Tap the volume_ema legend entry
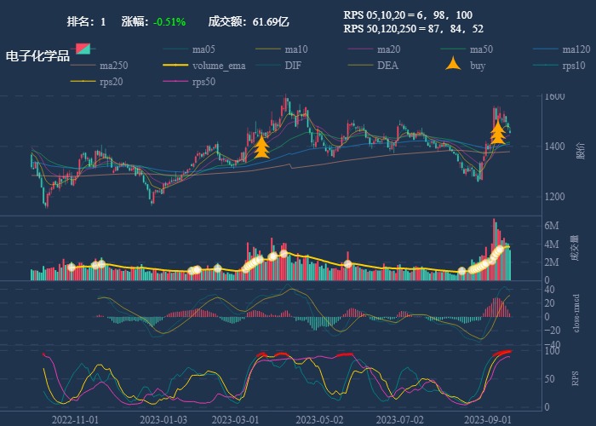click(x=219, y=66)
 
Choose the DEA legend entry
click(x=387, y=66)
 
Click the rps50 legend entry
click(x=203, y=83)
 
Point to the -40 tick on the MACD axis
click(x=552, y=345)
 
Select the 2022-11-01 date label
click(x=76, y=420)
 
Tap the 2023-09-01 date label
click(x=488, y=420)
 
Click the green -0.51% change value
click(x=170, y=21)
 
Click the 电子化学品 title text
click(x=37, y=56)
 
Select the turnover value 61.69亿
click(x=271, y=21)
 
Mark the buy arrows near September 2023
click(x=497, y=132)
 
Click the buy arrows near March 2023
click(x=262, y=148)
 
